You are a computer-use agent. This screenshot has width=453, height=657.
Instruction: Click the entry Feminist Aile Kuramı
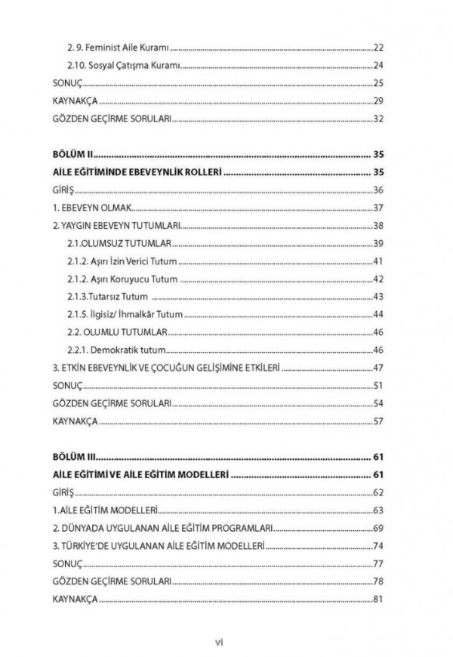pos(122,47)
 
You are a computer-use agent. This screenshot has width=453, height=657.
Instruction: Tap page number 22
pos(379,47)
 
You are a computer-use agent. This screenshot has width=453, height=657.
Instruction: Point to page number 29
pos(379,100)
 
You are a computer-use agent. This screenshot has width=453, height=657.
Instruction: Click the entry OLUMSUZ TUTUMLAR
pos(122,243)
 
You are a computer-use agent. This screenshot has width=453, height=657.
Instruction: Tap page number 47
pos(379,368)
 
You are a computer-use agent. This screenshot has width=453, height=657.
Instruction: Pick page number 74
pos(379,546)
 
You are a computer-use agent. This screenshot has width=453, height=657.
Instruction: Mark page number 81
pos(379,600)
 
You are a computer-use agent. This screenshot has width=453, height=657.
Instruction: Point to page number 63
pos(379,510)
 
